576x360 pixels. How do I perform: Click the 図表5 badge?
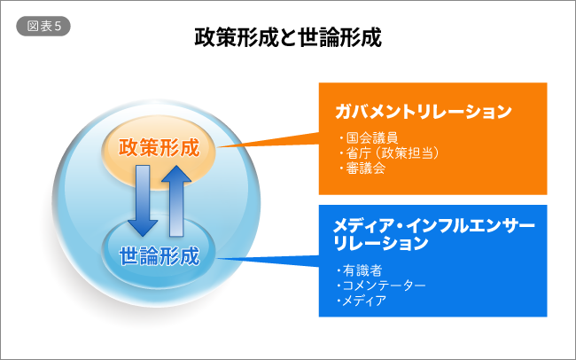[x=43, y=26]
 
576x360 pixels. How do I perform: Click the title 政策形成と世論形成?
[x=288, y=37]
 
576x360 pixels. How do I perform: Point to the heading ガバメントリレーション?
[x=424, y=112]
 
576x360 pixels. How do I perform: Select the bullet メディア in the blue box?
[x=365, y=301]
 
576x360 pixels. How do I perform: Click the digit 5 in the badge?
[x=57, y=26]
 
